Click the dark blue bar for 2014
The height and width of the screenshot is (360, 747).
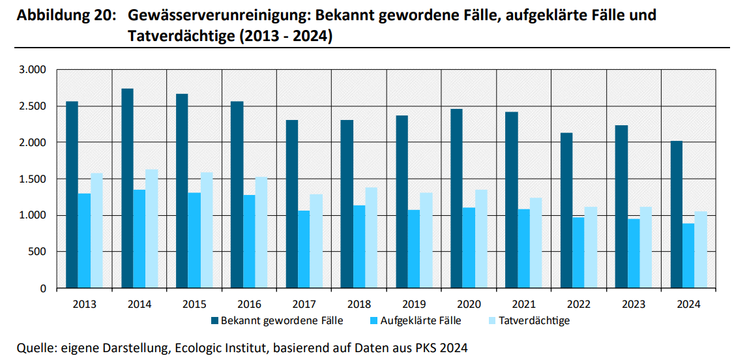(x=126, y=188)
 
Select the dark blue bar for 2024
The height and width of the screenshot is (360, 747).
(x=677, y=215)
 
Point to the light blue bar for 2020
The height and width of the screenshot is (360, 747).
(x=481, y=239)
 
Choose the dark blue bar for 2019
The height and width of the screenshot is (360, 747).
(x=402, y=202)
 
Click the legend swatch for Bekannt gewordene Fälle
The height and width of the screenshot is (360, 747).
(x=214, y=321)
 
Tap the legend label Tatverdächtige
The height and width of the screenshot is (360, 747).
(x=534, y=321)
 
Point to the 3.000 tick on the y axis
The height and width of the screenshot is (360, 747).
(x=33, y=70)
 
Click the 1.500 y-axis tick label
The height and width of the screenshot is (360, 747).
(x=33, y=179)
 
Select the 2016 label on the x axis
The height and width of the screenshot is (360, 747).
(x=250, y=304)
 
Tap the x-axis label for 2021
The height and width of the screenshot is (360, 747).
(x=524, y=304)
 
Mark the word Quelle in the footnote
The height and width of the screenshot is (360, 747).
(x=35, y=348)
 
